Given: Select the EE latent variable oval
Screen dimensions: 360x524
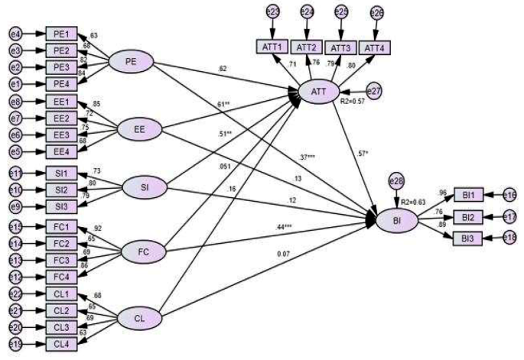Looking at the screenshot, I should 137,129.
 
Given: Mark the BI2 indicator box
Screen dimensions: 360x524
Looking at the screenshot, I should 469,217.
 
